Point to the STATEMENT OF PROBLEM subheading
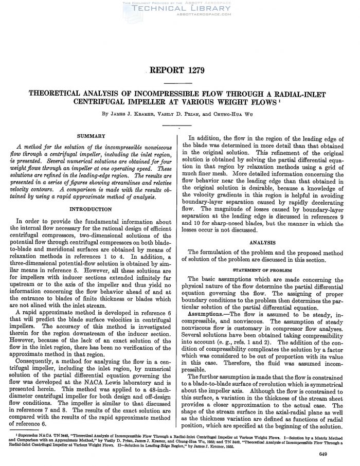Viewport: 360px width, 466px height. pyautogui.click(x=264, y=270)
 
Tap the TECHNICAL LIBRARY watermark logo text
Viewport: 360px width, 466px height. pyautogui.click(x=179, y=9)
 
